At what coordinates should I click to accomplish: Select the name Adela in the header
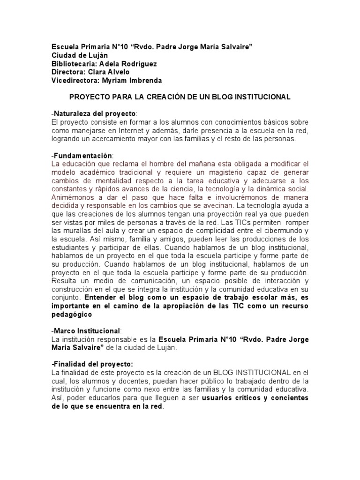(x=109, y=63)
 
